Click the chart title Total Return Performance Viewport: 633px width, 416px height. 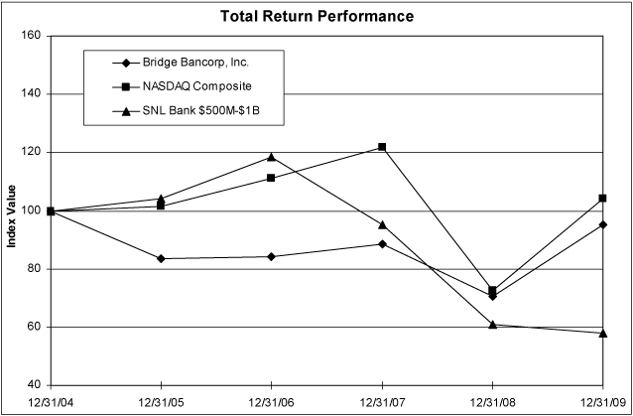(317, 17)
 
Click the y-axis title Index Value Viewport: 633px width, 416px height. (13, 210)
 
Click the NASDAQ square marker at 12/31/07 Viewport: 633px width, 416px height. (382, 147)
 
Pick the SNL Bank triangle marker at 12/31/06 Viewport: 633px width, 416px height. (271, 157)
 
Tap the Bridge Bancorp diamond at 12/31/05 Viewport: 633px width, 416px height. (161, 259)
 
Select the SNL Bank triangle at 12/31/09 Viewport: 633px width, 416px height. (603, 333)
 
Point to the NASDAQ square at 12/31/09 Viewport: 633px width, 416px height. (603, 199)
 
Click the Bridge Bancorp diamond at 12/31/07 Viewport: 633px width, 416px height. (382, 243)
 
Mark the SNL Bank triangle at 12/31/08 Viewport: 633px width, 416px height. (493, 324)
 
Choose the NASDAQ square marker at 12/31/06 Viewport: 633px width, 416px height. (271, 178)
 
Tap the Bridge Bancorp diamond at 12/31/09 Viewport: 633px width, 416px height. (603, 224)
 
